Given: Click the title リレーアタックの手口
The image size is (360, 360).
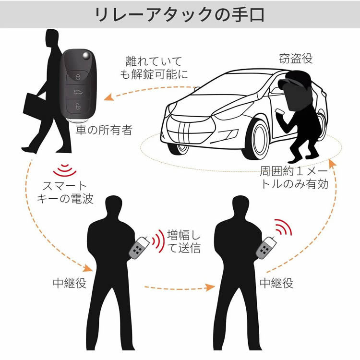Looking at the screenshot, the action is point(180,14).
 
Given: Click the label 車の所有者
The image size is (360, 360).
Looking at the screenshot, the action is point(104,130).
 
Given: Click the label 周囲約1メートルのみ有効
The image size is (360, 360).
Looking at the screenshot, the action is point(294,178).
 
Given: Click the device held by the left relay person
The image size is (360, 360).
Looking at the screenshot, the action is point(140,248).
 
